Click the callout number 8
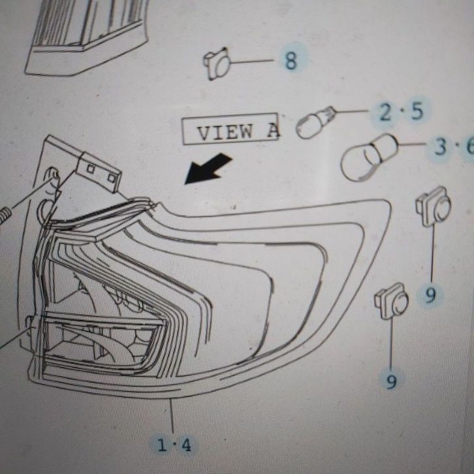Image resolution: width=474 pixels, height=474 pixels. (x=291, y=61)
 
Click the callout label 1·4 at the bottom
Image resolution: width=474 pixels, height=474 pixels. (x=174, y=445)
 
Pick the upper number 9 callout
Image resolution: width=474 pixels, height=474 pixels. (x=430, y=296)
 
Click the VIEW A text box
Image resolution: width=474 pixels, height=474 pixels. (x=230, y=132)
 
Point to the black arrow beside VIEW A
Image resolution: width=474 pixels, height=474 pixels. (x=207, y=169)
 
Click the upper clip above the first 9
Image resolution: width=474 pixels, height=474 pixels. (x=434, y=208)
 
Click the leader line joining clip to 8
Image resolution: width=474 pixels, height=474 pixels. (x=254, y=61)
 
